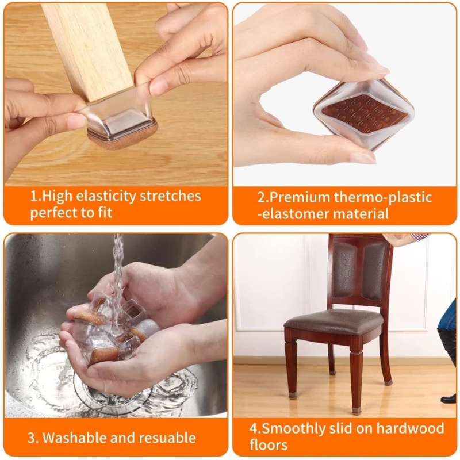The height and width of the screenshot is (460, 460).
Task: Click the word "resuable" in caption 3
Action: pos(167,438)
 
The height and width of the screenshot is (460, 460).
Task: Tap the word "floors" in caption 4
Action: pos(269,444)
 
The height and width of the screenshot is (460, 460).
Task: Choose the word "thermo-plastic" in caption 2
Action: pos(383,197)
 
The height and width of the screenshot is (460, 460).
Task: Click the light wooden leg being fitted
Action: pos(87,50)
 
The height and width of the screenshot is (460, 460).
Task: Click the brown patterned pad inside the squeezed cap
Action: pos(365,113)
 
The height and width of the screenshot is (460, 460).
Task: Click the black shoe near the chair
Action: pos(449,398)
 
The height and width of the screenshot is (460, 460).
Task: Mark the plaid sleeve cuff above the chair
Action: pos(419,236)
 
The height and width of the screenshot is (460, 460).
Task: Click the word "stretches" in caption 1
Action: pos(170,196)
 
